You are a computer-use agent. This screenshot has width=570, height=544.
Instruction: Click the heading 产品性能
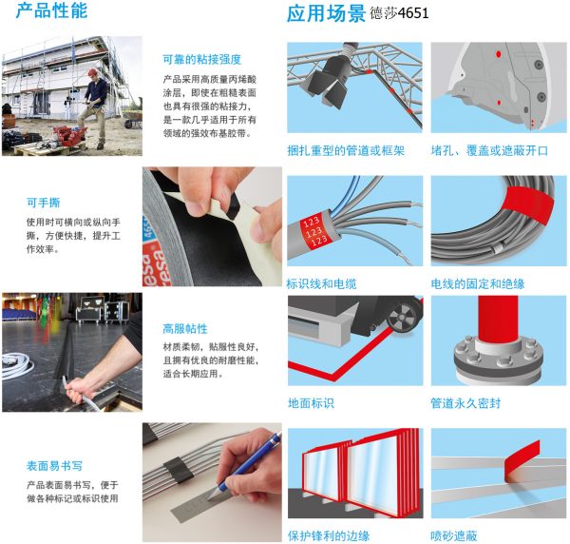coord(51,10)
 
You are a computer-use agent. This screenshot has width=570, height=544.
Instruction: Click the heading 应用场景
coord(326,14)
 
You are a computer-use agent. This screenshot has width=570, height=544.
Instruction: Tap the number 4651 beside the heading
coord(413,13)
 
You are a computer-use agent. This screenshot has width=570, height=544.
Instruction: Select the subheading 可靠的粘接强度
coord(201,59)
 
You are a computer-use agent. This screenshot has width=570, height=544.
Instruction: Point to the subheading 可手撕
coord(44,203)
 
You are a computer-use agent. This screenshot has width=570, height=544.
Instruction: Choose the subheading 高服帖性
coord(185,329)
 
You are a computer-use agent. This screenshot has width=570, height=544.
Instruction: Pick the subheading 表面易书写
coord(54,466)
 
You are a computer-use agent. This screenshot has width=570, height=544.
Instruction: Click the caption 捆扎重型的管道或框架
coord(346,150)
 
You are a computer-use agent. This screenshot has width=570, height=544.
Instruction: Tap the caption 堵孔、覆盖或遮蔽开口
coord(489,150)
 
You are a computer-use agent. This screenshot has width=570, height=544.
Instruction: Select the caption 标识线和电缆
coord(322,283)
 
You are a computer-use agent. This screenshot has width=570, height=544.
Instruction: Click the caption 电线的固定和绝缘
coord(478,283)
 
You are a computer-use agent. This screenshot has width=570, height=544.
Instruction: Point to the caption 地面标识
coord(311,403)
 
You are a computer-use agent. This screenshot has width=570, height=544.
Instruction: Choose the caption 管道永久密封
coord(465,403)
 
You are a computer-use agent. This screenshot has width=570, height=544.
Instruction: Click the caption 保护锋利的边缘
coord(329,535)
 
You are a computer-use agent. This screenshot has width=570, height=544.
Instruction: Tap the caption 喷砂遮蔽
coord(454,535)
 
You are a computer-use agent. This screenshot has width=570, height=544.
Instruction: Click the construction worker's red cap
coord(93,72)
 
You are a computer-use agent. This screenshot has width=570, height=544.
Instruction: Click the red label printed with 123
coord(313,230)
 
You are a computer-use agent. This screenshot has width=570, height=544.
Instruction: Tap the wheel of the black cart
coord(404,318)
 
